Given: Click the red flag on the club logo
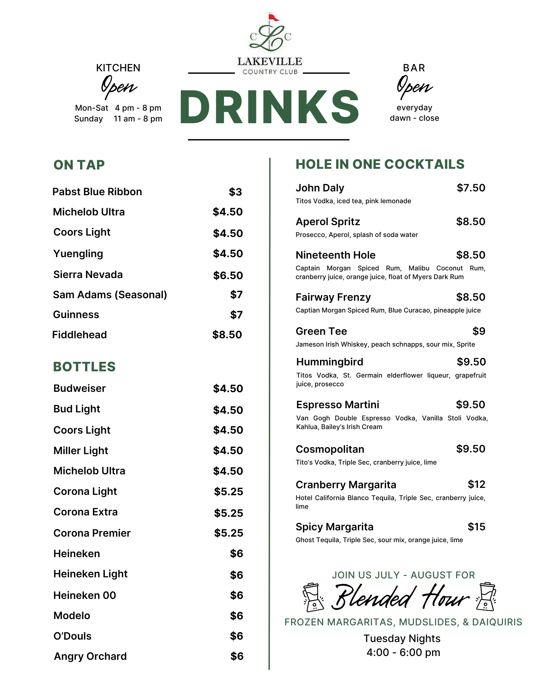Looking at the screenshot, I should click(273, 17).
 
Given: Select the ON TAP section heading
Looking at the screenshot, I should click(79, 165).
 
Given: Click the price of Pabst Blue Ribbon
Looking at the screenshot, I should click(235, 192).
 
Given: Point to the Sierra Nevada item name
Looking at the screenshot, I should click(88, 275).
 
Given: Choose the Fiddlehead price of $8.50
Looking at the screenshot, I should click(227, 335).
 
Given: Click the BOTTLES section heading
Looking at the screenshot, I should click(84, 367).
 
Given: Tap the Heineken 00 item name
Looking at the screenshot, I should click(85, 595).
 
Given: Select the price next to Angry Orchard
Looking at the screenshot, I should click(237, 656).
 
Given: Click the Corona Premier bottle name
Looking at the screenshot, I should click(92, 533).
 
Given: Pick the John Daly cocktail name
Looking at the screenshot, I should click(320, 188).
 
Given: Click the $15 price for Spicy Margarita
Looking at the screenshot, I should click(476, 527).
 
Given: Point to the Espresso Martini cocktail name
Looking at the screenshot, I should click(337, 405).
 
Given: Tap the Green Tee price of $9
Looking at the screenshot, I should click(479, 331).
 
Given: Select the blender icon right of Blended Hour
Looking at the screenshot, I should click(486, 596).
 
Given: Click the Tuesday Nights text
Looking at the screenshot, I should click(402, 639).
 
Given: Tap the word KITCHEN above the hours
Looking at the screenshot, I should click(118, 68).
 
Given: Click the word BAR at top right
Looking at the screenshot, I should click(414, 68).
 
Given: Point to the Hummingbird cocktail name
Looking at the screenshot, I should click(329, 362).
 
